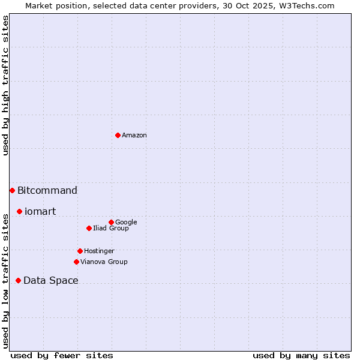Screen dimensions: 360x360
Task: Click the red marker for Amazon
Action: [118, 135]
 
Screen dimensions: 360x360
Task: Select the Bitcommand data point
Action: [12, 190]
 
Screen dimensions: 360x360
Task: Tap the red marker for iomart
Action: [19, 211]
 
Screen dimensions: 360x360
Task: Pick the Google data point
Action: [111, 222]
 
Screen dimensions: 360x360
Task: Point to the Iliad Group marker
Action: [89, 228]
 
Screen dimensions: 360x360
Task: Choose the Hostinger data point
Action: [80, 251]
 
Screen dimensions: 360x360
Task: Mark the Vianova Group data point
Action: [76, 262]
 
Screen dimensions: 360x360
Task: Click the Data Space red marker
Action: [18, 280]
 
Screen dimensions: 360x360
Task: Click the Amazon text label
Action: [134, 136]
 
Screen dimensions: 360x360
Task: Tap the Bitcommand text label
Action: [47, 191]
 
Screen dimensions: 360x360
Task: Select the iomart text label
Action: [40, 212]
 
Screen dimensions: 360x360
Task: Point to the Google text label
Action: [126, 223]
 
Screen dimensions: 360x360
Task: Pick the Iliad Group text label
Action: [111, 229]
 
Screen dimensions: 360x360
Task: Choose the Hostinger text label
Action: [99, 251]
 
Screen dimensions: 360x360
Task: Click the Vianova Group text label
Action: [104, 262]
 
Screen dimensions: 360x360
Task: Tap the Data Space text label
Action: [51, 281]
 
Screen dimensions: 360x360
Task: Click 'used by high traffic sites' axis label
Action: [5, 85]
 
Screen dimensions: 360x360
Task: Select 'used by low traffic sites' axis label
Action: [5, 280]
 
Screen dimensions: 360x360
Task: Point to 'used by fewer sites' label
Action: [62, 356]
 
